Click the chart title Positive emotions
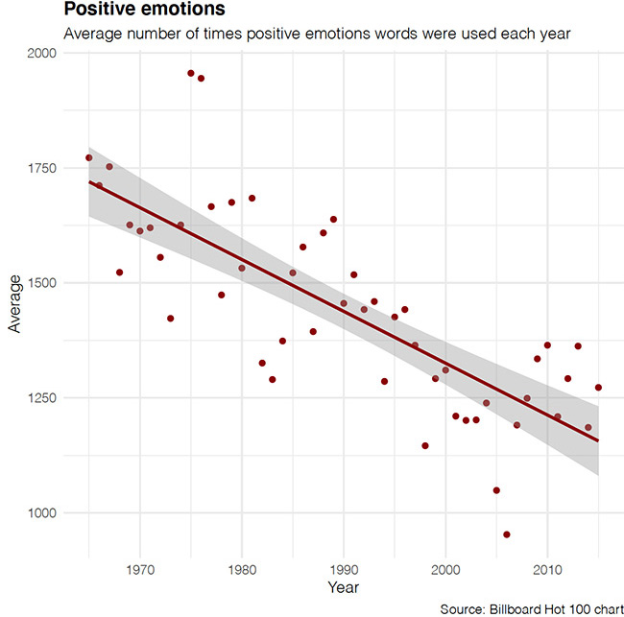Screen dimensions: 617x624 tap(131, 10)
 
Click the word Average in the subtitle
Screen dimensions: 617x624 tap(92, 34)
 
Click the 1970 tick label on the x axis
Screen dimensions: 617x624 tap(140, 567)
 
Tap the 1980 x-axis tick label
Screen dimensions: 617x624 tap(242, 567)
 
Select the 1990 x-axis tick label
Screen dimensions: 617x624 tap(344, 567)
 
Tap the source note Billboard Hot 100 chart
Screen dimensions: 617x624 tap(529, 608)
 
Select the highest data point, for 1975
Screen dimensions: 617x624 tap(191, 73)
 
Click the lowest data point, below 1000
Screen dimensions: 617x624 tap(507, 534)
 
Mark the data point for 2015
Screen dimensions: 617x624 tap(598, 388)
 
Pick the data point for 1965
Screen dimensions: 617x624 tap(89, 157)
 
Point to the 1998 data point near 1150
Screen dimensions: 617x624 tap(425, 445)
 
